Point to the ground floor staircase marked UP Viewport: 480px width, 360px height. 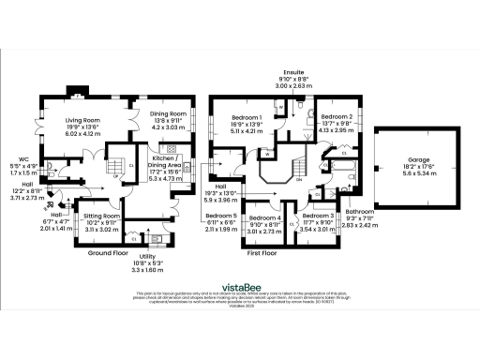point(118,172)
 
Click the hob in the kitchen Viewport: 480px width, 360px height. point(171,149)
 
